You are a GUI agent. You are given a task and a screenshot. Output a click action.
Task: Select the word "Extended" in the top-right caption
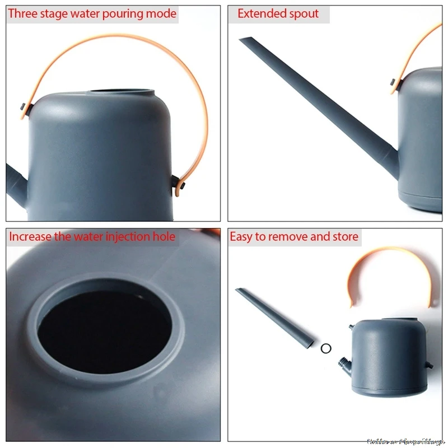(260, 13)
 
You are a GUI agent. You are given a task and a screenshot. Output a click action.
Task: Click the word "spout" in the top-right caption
(306, 13)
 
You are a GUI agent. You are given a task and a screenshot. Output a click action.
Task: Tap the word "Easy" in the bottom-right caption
(241, 237)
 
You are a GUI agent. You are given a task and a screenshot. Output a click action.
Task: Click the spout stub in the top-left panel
(16, 182)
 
